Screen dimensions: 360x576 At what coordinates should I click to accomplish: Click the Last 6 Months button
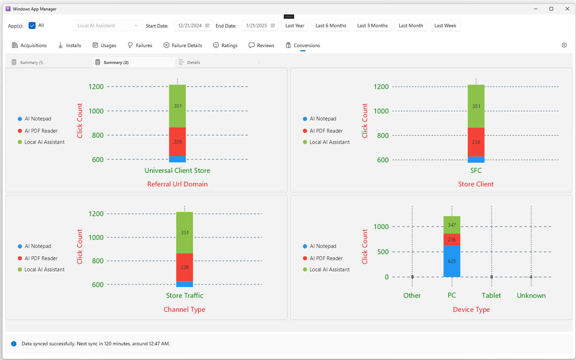[x=331, y=26]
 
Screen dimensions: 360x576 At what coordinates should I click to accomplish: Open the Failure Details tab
[x=182, y=45]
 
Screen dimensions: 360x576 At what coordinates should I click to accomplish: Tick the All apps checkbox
[x=32, y=26]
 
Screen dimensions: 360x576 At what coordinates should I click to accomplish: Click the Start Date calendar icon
[x=207, y=26]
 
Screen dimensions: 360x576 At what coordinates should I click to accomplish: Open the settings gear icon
[x=564, y=45]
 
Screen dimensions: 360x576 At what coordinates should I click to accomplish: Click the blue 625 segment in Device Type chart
[x=452, y=261]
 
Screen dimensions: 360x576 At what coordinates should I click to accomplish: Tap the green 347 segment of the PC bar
[x=452, y=225]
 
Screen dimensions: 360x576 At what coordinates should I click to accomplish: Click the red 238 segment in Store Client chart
[x=476, y=142]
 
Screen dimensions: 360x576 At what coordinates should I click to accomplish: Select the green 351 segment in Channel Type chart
[x=185, y=232]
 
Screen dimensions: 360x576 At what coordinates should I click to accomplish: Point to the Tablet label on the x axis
[x=491, y=296]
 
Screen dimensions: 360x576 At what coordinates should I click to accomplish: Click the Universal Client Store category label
[x=177, y=171]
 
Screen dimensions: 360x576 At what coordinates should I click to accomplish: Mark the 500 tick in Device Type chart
[x=383, y=252]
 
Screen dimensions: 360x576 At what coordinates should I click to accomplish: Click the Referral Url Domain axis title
[x=177, y=184]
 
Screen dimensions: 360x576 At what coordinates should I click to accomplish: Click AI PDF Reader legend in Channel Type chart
[x=41, y=258]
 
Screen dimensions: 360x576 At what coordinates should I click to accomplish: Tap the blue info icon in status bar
[x=14, y=344]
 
